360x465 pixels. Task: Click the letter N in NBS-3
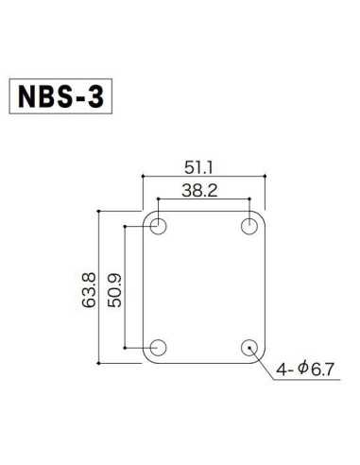coord(32,97)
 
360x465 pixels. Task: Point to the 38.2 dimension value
coord(202,189)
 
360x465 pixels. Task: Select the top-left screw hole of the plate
coord(158,226)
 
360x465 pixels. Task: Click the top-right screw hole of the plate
coord(249,226)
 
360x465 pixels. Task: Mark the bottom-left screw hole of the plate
coord(158,347)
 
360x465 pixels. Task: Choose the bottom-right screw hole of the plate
coord(249,347)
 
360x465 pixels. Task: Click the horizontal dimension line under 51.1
coord(202,176)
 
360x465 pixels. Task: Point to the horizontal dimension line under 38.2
coord(202,199)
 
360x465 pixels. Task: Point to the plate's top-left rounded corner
coord(146,215)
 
